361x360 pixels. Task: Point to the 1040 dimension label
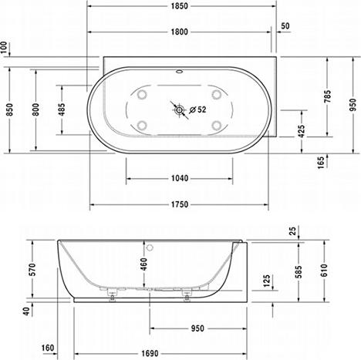178,177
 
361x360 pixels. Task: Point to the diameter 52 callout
198,109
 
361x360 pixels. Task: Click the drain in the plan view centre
180,110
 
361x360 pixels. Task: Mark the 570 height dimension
31,268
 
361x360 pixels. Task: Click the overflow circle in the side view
152,248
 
